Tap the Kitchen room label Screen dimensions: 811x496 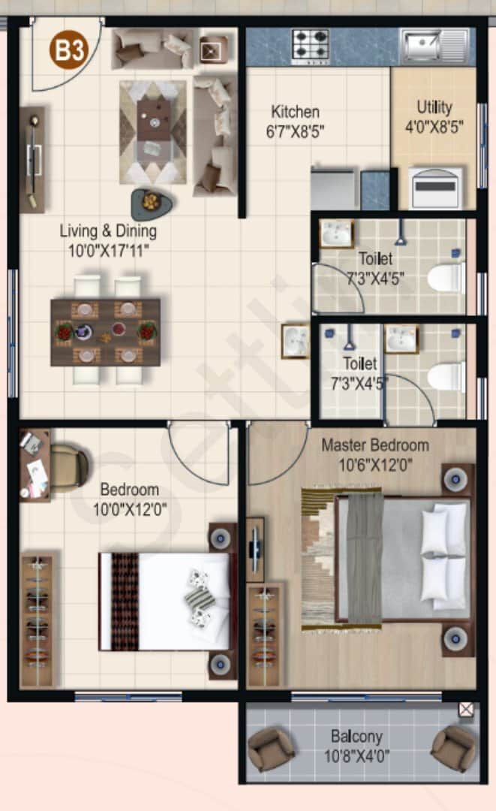point(295,112)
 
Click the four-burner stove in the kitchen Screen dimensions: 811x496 point(311,46)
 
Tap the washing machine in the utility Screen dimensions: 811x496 point(434,188)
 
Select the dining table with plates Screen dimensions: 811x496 point(106,332)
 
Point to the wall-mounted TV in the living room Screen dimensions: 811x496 point(33,159)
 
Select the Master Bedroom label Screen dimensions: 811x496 point(375,445)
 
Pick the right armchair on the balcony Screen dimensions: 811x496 point(453,747)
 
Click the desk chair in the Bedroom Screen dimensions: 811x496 point(69,467)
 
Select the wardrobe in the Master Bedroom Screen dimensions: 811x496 point(266,635)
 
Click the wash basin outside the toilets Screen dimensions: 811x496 point(295,341)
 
